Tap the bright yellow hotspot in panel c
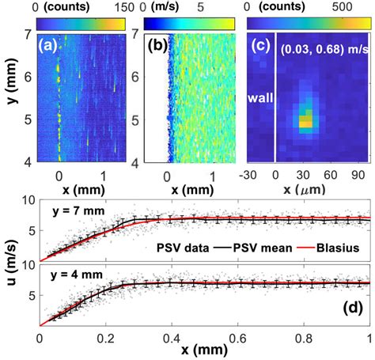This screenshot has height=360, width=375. click(304, 122)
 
